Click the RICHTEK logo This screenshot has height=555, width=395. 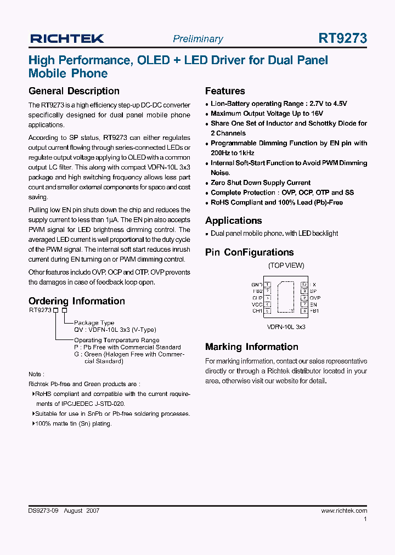(66, 38)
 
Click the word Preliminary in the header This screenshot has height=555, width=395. (198, 39)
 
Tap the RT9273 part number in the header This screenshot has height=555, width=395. (342, 38)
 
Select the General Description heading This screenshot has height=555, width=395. (74, 91)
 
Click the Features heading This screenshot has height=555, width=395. (225, 91)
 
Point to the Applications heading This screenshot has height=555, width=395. (233, 220)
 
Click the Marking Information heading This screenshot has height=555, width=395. (251, 347)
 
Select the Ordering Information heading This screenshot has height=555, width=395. (76, 301)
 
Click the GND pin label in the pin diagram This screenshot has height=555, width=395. (257, 285)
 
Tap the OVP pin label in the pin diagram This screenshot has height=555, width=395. (315, 298)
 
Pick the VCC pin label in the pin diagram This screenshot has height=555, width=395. (257, 304)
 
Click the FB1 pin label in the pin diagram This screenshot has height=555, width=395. (314, 311)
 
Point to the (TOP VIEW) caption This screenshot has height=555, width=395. (286, 265)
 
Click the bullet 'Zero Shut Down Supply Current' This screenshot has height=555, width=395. (261, 183)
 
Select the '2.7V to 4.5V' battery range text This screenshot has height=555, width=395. (328, 104)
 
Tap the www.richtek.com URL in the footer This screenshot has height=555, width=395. (344, 511)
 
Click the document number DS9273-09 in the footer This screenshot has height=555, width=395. (43, 511)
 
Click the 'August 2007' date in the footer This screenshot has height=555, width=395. (81, 511)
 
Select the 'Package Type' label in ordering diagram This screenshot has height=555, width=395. (94, 323)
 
